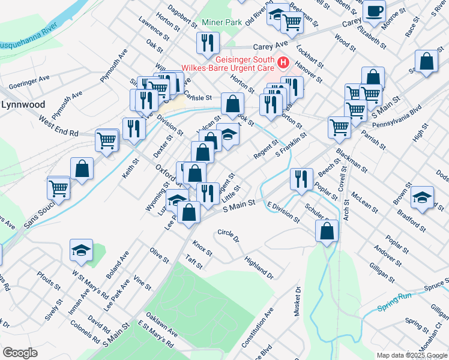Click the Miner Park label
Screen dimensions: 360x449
coord(221,22)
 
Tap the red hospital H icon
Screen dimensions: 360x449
coord(283,61)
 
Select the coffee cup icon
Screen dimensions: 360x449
coord(374,11)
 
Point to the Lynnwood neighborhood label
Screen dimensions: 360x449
coord(23,104)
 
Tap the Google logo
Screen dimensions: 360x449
coord(20,353)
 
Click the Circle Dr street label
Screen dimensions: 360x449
coord(228,235)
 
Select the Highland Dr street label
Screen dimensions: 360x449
coord(259,268)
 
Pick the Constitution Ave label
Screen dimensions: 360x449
coord(258,328)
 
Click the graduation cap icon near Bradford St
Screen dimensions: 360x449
coord(422,198)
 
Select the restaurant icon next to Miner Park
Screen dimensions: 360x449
coord(208,43)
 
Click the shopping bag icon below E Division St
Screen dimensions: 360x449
coord(327,231)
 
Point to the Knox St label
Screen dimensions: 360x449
coord(202,248)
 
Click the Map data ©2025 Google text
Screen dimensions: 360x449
coord(412,355)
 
